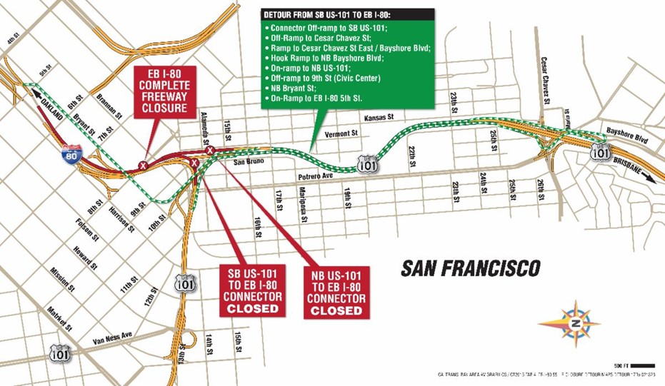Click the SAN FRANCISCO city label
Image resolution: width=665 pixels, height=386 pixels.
471,268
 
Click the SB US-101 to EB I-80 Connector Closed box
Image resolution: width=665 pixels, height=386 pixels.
252,290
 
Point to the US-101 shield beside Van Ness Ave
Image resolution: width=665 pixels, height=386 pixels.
60,352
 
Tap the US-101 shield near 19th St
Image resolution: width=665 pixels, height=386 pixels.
366,165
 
